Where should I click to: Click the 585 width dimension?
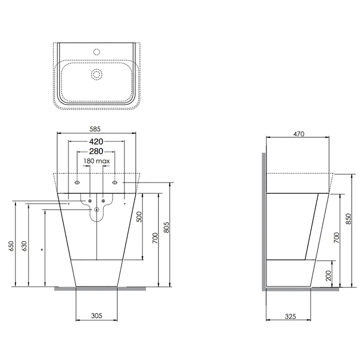coord(95,129)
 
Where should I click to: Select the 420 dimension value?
coord(96,141)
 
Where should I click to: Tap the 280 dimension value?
coord(96,151)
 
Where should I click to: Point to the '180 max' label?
coord(97,161)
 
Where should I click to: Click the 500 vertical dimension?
coord(139,217)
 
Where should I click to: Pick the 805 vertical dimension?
coord(167,227)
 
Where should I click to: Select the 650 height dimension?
coord(11,246)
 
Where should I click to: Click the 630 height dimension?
coord(25,246)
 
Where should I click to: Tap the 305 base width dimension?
coord(97,316)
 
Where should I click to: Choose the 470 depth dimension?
coord(299,134)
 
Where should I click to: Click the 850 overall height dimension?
coord(348,219)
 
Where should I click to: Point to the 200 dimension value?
coord(329,276)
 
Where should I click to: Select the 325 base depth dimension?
coord(290,317)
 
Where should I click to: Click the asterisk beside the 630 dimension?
coord(42,250)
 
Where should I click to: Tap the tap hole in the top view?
coord(97,52)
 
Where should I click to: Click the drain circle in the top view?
coord(97,75)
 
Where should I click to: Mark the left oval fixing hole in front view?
coord(77,183)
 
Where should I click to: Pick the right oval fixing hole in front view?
coord(115,183)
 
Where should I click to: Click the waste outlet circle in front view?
coord(97,209)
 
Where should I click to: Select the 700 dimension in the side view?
coord(336,238)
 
